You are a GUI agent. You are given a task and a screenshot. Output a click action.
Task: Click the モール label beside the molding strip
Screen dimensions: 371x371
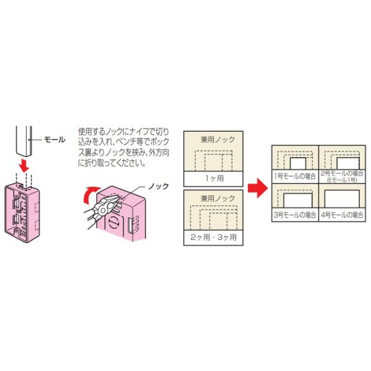point(54,140)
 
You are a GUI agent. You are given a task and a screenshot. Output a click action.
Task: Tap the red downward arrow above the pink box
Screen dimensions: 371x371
point(24,166)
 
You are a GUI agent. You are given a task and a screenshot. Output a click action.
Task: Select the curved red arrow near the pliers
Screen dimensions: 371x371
point(90,195)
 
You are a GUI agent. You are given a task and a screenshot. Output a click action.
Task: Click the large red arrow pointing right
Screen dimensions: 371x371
point(258,188)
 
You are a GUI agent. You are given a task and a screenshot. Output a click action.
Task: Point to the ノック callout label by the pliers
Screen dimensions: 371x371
point(158,186)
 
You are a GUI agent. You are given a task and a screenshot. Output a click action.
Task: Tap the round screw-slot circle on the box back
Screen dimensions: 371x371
point(113,223)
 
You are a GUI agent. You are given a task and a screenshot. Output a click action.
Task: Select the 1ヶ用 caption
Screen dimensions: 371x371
point(215,178)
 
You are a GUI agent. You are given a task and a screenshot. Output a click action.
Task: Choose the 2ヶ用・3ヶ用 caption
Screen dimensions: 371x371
point(213,237)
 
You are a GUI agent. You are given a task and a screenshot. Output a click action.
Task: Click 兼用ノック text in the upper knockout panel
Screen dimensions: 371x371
point(218,140)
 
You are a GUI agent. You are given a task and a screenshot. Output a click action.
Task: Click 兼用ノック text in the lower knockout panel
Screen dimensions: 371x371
point(218,198)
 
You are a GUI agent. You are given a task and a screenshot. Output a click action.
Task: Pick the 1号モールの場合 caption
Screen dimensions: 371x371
point(295,176)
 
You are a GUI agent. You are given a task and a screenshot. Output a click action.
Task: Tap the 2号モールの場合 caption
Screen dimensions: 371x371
point(342,173)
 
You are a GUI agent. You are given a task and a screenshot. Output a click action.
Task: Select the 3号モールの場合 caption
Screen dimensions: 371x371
point(295,215)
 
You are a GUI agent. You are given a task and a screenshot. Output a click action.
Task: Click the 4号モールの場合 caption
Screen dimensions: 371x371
point(342,215)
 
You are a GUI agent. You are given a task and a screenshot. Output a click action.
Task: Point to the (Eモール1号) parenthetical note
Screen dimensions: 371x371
point(342,180)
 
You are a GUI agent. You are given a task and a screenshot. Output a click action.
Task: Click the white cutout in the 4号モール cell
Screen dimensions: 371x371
point(342,198)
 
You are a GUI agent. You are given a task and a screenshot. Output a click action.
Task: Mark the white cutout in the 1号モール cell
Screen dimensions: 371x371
point(298,163)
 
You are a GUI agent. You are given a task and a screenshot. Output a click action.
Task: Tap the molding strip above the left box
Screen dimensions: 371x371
point(24,141)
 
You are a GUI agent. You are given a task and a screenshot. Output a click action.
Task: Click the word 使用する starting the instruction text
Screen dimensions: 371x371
point(91,131)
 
